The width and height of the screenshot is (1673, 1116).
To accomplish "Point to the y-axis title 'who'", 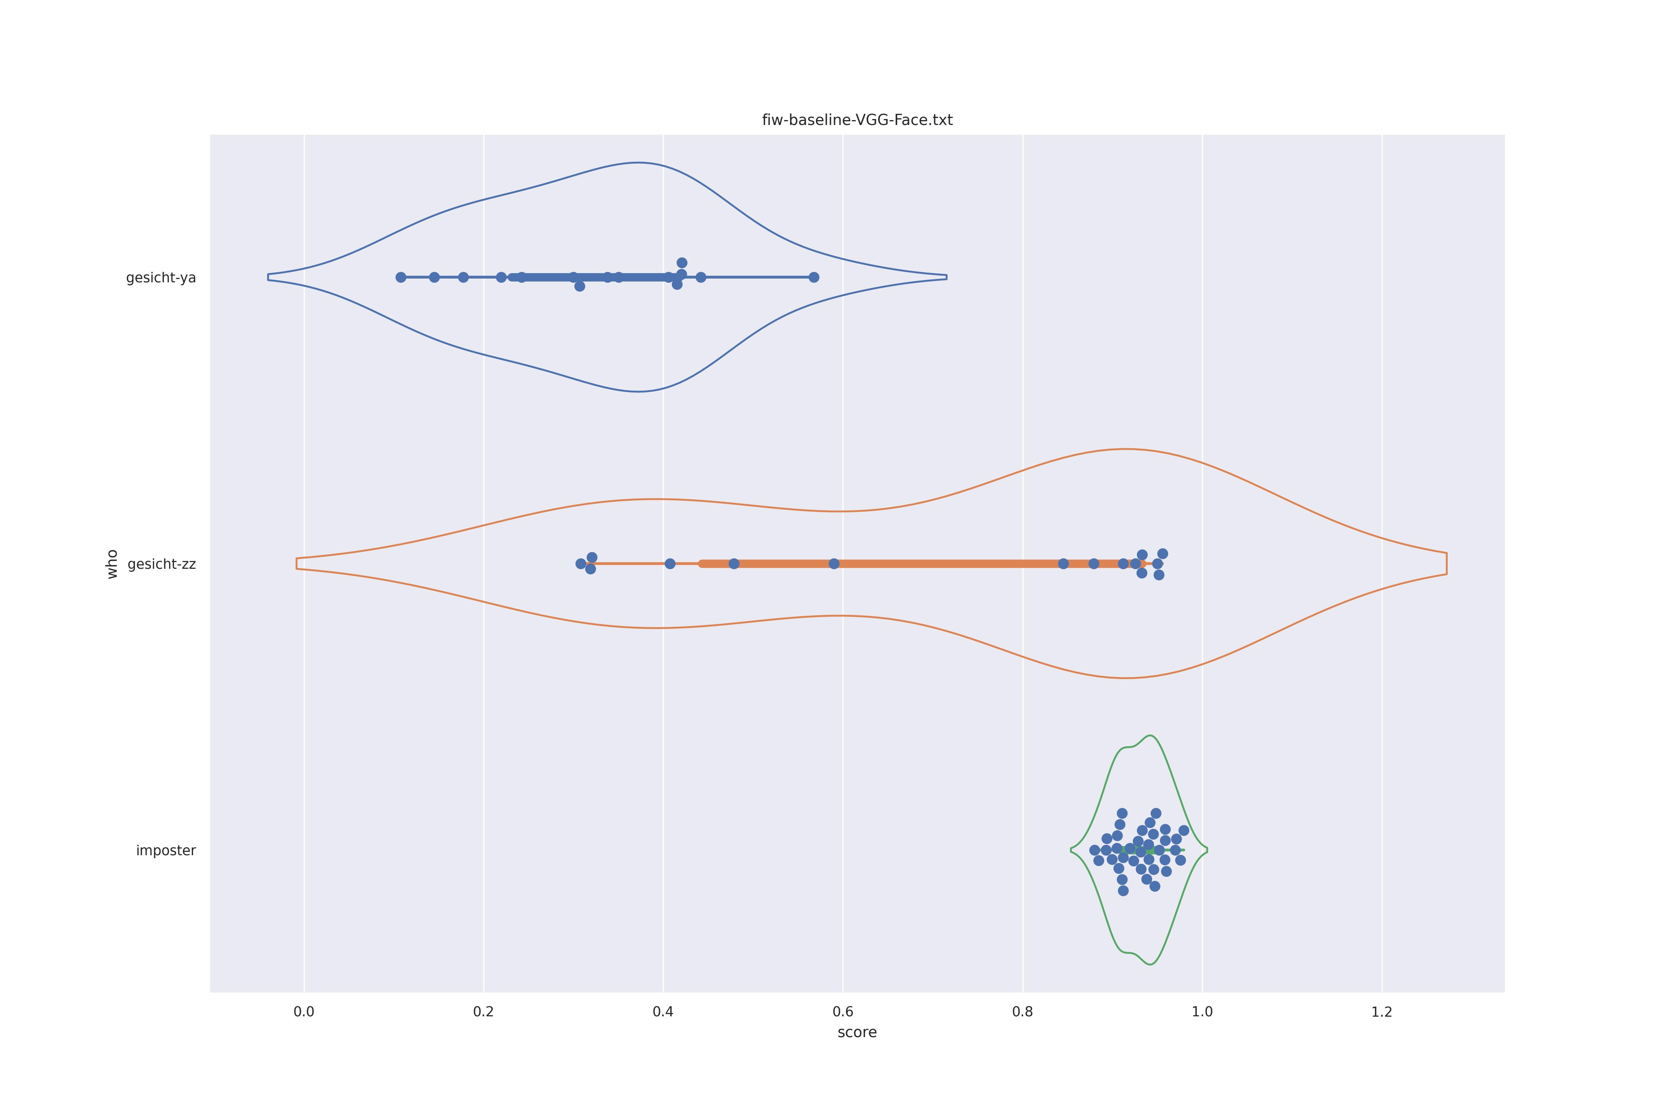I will [112, 564].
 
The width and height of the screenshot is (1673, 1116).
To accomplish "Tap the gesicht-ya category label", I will [161, 278].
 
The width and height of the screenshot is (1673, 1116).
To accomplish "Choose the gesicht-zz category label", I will [161, 564].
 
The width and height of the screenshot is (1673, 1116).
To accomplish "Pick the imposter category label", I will [166, 850].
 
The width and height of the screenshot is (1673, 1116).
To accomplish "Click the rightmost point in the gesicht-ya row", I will [814, 277].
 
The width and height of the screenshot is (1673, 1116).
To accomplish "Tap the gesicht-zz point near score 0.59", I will [834, 564].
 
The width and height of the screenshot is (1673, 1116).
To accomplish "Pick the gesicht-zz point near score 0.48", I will [734, 564].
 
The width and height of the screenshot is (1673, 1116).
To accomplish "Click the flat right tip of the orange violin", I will [1446, 564].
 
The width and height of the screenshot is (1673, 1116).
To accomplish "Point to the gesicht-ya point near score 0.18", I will [463, 277].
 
